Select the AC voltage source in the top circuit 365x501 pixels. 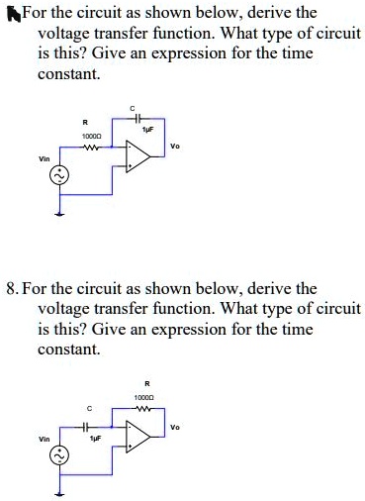pos(58,175)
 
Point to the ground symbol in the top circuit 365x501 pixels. pos(58,211)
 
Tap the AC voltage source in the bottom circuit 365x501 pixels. pos(58,454)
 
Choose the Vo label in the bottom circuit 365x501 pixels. pos(174,428)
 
